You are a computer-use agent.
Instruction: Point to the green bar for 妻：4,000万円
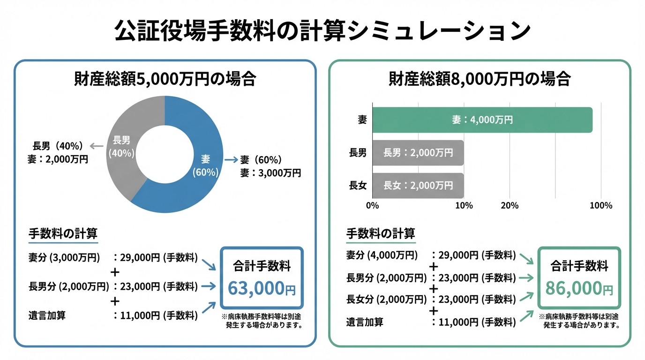point(482,120)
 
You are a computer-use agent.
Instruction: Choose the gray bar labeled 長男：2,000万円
point(418,153)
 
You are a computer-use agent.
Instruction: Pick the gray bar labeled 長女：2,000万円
point(418,186)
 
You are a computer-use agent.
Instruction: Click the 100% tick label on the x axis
point(600,206)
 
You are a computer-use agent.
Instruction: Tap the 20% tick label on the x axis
point(510,206)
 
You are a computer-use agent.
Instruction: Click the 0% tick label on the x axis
point(372,206)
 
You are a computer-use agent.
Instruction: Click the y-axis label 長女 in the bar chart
point(358,186)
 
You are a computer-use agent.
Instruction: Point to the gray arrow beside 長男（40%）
point(97,146)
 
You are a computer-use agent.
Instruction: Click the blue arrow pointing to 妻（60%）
point(231,160)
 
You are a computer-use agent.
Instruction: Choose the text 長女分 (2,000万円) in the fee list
point(387,300)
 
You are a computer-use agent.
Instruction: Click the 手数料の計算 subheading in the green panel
point(380,233)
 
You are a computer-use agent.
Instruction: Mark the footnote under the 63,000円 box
point(262,321)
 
